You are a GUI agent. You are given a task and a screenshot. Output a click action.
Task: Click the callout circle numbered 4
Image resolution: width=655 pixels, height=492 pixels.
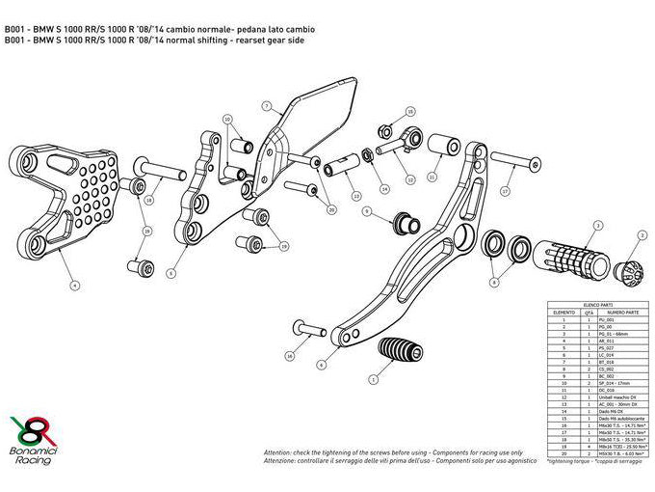point(74,284)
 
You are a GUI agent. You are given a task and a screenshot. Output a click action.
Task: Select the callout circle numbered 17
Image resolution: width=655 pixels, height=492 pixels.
point(505,192)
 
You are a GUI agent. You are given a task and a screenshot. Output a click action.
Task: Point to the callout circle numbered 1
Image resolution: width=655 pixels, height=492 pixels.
point(373,380)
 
